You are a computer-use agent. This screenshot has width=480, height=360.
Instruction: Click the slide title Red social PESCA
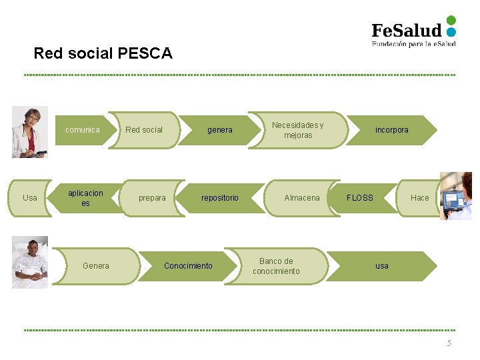click(x=103, y=53)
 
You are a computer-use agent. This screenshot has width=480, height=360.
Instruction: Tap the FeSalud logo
click(x=413, y=31)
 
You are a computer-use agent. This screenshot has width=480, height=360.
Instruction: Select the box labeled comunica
click(x=83, y=130)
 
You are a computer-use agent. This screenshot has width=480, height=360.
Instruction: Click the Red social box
click(x=144, y=130)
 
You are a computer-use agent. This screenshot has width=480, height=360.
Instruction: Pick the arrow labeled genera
click(x=220, y=130)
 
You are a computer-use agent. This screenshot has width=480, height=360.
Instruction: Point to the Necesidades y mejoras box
click(x=298, y=130)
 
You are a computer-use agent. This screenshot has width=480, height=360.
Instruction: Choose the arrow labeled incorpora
click(x=392, y=130)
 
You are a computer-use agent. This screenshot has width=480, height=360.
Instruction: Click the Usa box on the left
click(x=31, y=198)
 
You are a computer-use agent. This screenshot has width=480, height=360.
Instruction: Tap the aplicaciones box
click(x=86, y=198)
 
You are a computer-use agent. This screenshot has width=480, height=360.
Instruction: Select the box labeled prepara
click(x=152, y=198)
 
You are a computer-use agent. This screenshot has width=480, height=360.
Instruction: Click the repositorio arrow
click(x=220, y=198)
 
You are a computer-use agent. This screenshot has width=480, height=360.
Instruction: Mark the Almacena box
click(x=302, y=198)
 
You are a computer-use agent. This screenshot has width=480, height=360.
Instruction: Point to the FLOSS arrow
click(x=360, y=198)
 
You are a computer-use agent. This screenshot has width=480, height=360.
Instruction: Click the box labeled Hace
click(x=419, y=198)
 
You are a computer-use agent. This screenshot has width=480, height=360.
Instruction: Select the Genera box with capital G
click(x=96, y=266)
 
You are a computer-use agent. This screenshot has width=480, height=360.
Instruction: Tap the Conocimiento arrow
click(x=188, y=266)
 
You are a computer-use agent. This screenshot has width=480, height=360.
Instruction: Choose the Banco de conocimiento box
click(x=277, y=266)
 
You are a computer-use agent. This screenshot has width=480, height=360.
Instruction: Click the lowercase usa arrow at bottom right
click(x=382, y=266)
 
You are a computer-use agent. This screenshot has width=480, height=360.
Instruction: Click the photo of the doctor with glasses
click(x=30, y=132)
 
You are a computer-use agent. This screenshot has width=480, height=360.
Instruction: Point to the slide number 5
click(x=449, y=343)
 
